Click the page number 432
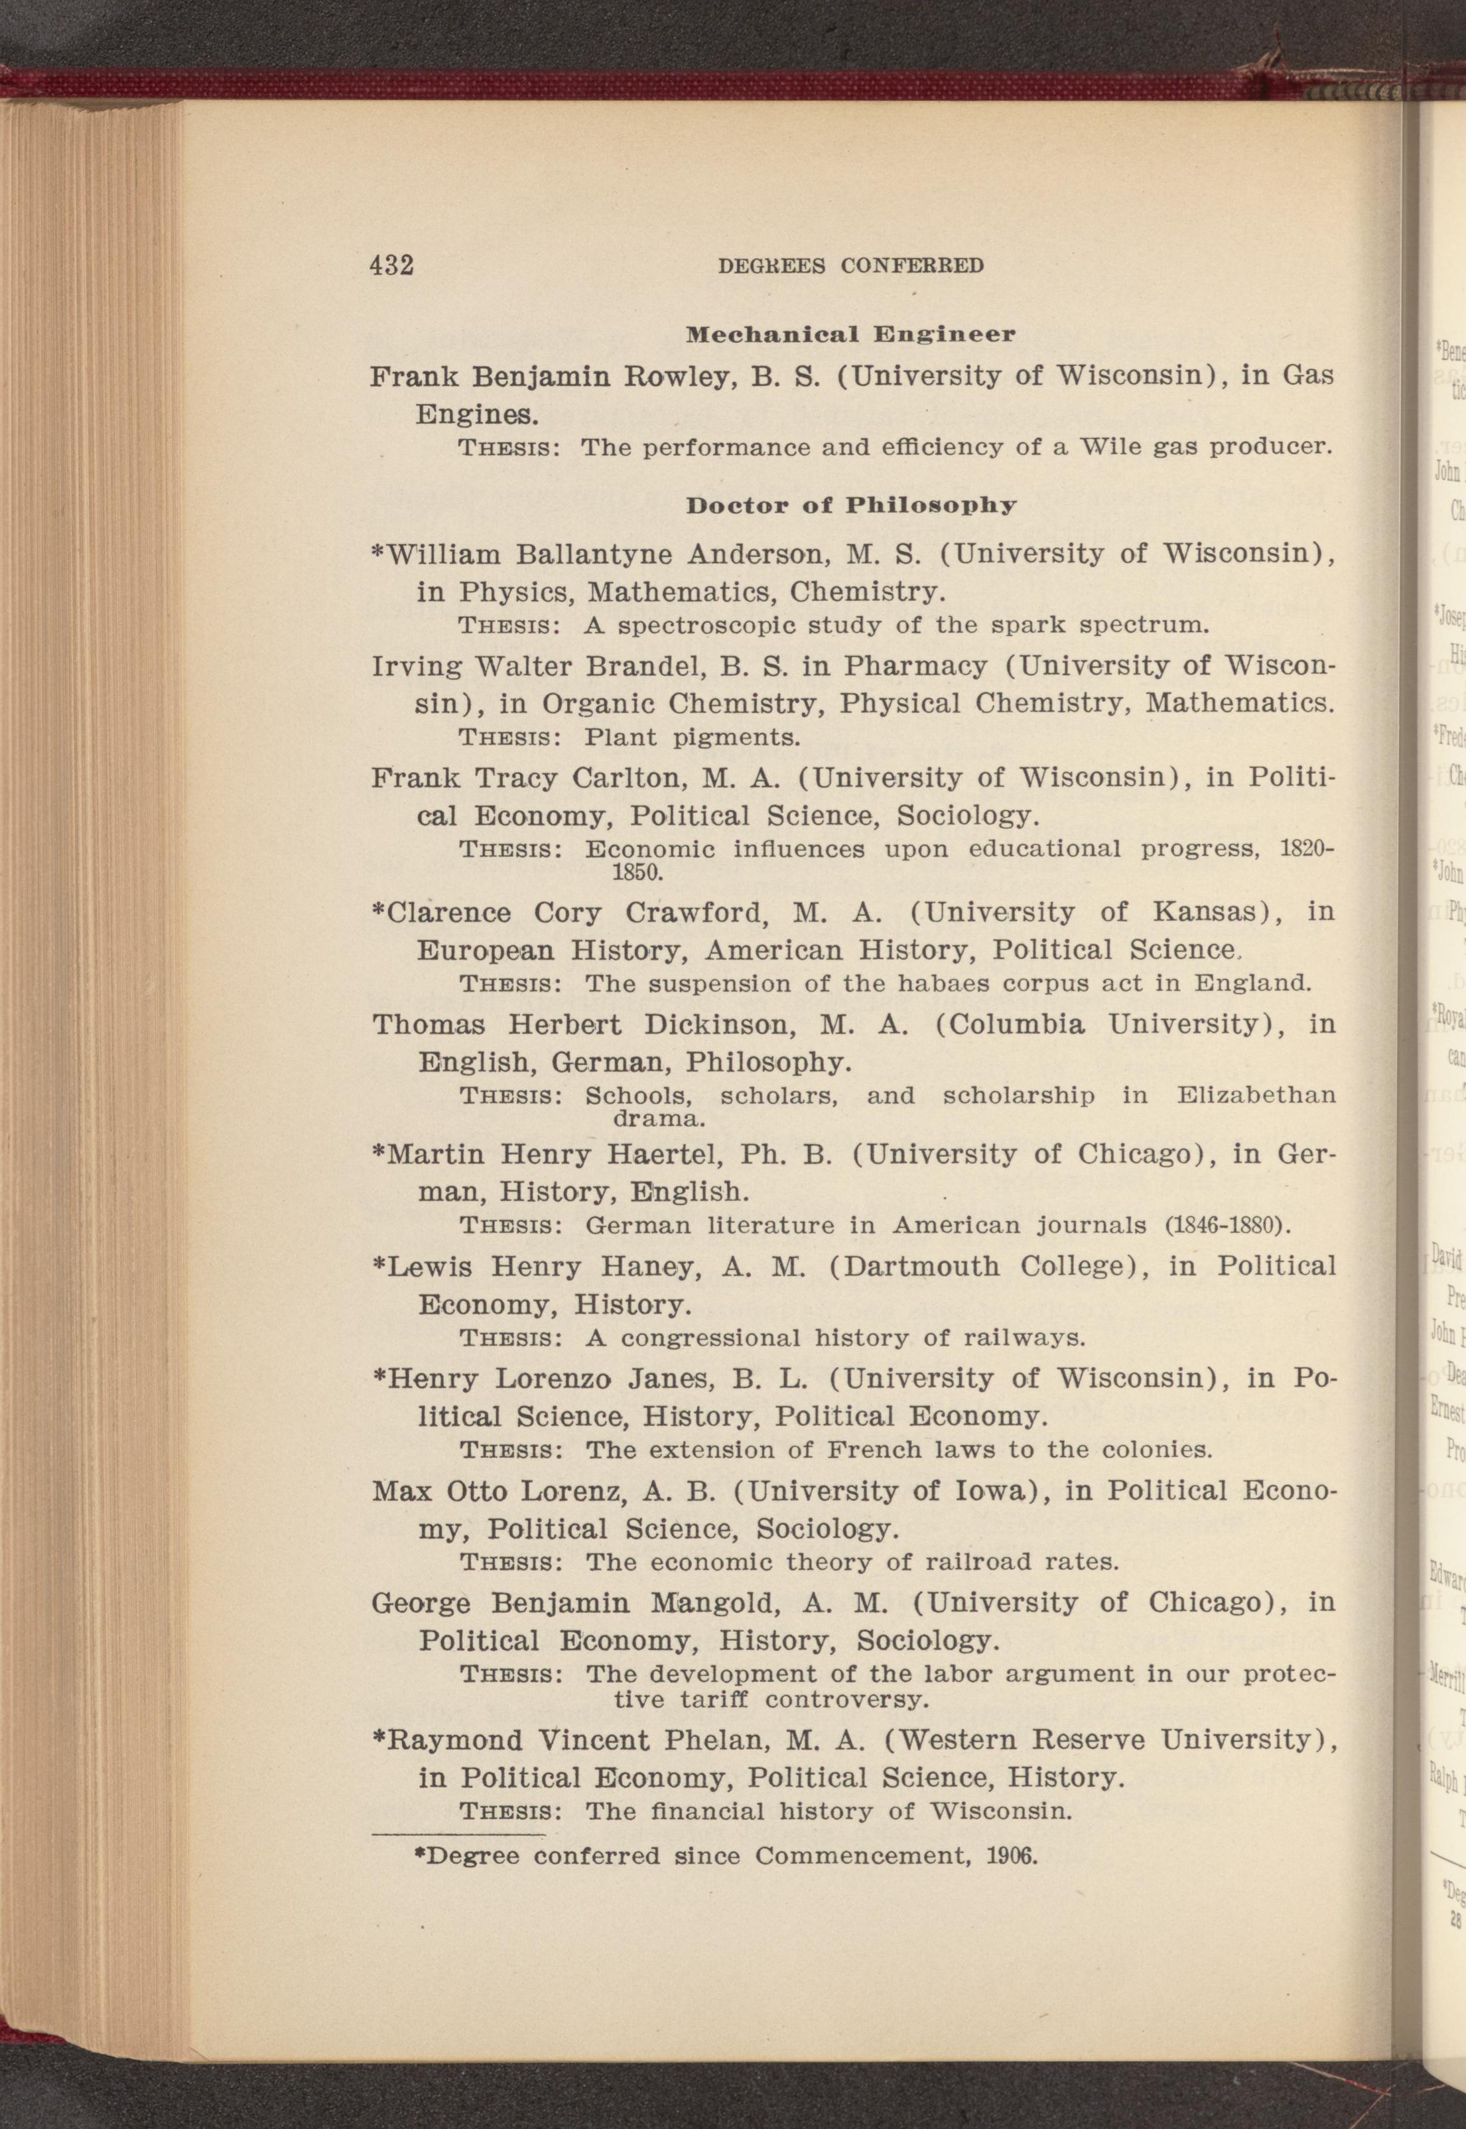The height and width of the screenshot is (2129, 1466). click(x=392, y=265)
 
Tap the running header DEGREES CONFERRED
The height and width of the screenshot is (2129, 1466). click(x=850, y=267)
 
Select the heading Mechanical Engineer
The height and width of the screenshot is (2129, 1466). click(x=850, y=334)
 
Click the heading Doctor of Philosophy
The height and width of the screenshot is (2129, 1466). click(x=852, y=506)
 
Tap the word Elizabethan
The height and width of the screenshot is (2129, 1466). click(x=1256, y=1096)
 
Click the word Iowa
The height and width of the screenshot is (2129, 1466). click(x=998, y=1491)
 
